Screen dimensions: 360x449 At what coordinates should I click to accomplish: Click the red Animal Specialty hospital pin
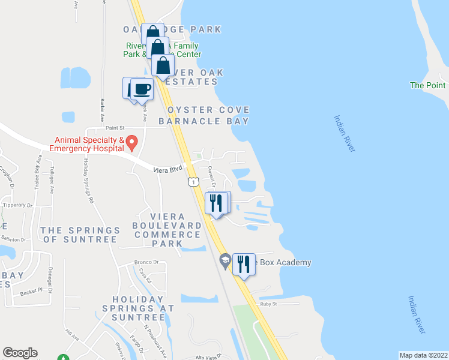click(x=133, y=143)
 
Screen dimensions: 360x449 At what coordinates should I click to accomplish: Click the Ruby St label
click(x=267, y=304)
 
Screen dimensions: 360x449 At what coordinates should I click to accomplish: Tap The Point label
click(x=427, y=86)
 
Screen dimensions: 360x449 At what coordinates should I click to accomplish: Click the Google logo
click(x=20, y=353)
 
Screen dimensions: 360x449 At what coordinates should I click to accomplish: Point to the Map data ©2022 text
click(x=423, y=355)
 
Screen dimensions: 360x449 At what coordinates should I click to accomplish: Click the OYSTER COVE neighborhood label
click(x=208, y=110)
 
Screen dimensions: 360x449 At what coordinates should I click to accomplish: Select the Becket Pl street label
click(x=32, y=289)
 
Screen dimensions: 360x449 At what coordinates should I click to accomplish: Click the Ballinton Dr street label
click(x=16, y=238)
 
